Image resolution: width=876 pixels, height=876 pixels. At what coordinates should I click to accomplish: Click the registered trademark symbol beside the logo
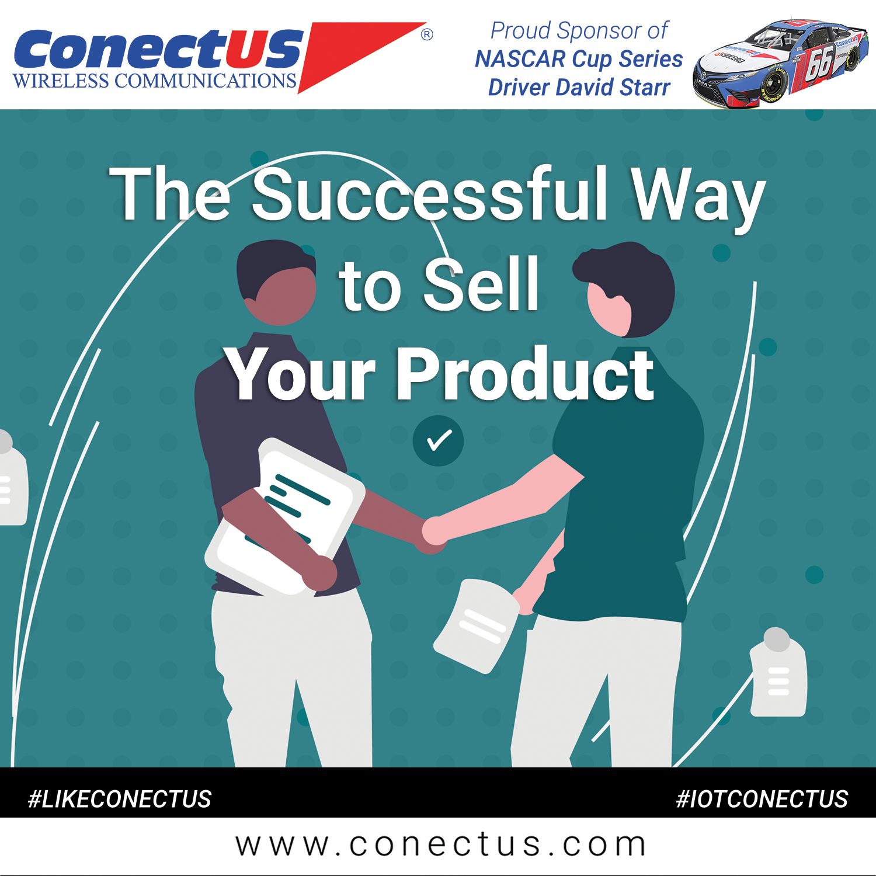tap(427, 34)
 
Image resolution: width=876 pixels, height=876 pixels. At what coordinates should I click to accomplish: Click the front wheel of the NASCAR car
tap(774, 86)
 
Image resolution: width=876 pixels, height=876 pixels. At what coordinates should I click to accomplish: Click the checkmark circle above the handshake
tap(438, 440)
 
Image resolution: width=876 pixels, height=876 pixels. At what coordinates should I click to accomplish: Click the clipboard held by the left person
tap(285, 516)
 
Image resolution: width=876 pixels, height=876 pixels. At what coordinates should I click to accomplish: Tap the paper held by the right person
tap(476, 625)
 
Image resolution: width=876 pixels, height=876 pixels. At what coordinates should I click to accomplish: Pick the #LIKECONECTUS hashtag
tap(120, 799)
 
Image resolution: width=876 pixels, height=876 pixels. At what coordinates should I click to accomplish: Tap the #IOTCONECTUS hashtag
tap(762, 799)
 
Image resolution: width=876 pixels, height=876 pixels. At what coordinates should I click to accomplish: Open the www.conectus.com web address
tap(440, 845)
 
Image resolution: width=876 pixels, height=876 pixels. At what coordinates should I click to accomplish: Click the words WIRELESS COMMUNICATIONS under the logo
tap(155, 81)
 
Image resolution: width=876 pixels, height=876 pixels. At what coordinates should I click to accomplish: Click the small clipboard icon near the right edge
tap(778, 672)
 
